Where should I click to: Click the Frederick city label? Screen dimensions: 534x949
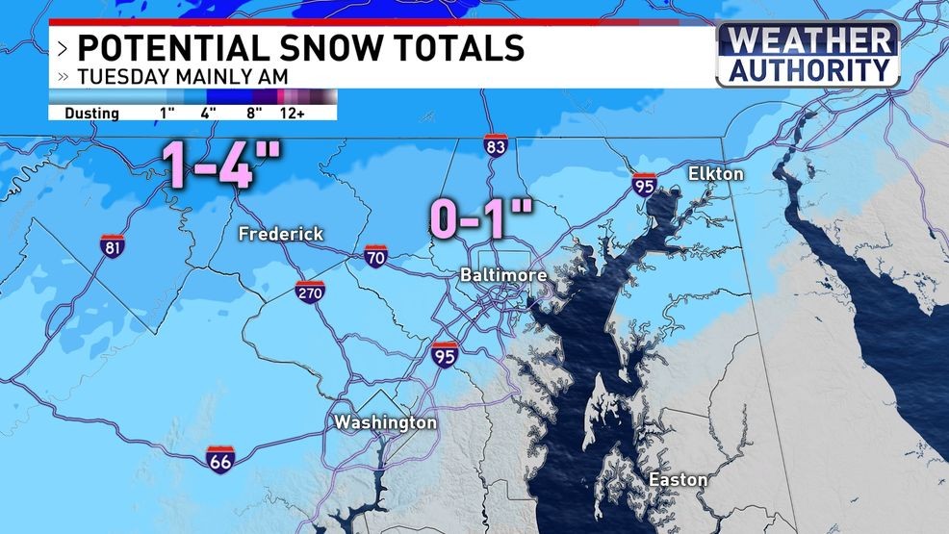(x=281, y=234)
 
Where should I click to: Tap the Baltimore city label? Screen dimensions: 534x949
(x=502, y=275)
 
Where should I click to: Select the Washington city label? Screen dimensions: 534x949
(x=385, y=422)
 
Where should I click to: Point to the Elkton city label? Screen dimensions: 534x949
(x=715, y=174)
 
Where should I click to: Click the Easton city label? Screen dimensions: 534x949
(x=679, y=479)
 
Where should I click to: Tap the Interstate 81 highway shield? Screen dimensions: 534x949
(x=112, y=246)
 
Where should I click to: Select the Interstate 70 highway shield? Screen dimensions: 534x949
(x=376, y=256)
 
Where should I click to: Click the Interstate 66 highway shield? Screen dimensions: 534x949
(x=220, y=459)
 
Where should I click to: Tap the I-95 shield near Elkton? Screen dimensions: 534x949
(x=645, y=184)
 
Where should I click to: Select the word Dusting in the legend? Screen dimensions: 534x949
(x=91, y=114)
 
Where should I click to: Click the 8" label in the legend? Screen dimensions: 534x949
(x=255, y=114)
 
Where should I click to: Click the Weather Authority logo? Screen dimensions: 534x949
(x=808, y=56)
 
